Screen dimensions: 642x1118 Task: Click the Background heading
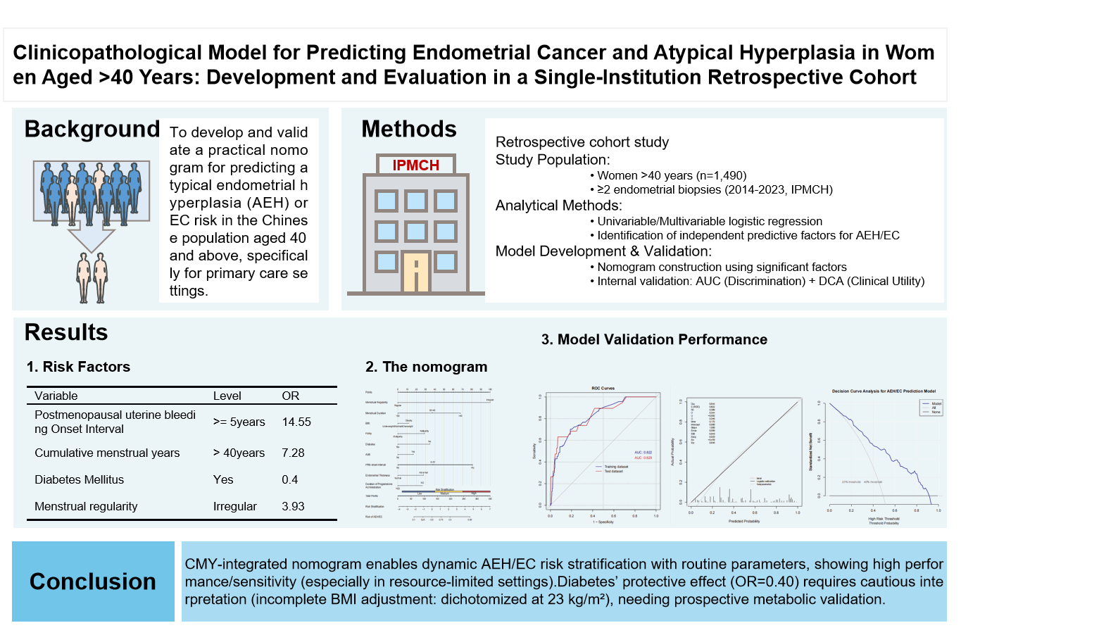coord(92,130)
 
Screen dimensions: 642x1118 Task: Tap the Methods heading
coord(409,130)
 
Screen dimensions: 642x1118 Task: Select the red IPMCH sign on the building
coord(415,165)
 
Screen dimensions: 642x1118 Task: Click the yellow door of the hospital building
coord(415,272)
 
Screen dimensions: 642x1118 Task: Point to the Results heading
coord(66,332)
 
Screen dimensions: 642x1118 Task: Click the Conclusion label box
coord(93,581)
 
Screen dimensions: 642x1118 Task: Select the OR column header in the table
coord(291,396)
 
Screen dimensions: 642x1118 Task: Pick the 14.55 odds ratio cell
coord(296,422)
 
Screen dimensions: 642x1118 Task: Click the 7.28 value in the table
coord(293,453)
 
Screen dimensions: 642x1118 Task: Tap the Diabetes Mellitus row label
coord(80,480)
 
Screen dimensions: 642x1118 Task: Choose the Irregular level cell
coord(235,507)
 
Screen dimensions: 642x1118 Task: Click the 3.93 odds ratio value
coord(293,507)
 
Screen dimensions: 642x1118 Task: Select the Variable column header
coord(56,396)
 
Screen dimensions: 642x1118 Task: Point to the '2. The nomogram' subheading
coord(426,367)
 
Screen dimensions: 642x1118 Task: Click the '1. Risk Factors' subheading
coord(78,367)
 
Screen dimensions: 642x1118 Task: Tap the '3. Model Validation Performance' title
coord(654,339)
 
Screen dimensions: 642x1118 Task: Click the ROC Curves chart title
coord(603,388)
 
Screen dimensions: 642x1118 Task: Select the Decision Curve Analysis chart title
coord(884,391)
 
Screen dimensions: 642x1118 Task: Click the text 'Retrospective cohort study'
coord(582,142)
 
